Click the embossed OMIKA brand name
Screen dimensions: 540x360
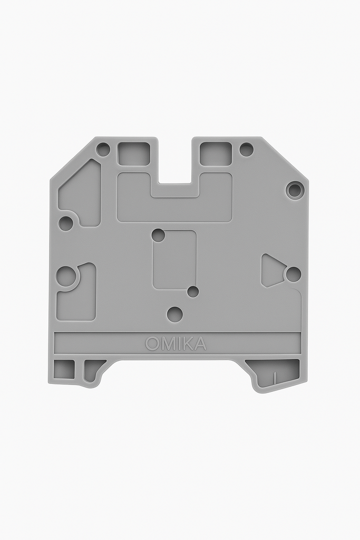[x=176, y=344]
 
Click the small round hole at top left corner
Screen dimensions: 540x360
[x=103, y=149]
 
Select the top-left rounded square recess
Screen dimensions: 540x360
[x=133, y=153]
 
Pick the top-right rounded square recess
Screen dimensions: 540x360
[x=216, y=153]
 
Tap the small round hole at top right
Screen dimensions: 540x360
[x=246, y=149]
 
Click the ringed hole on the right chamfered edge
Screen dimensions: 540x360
[x=295, y=190]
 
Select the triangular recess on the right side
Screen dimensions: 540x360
[x=271, y=270]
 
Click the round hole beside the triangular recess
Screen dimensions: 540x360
[x=293, y=274]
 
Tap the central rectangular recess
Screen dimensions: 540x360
[x=175, y=260]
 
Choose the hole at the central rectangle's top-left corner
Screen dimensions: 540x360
[x=158, y=235]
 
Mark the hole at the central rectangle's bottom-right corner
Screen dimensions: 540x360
[x=193, y=292]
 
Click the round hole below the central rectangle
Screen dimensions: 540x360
[x=174, y=314]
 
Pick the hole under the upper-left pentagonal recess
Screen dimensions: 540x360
[x=66, y=224]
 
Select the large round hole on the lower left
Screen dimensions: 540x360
[x=66, y=276]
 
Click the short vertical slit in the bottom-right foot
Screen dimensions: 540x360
[x=275, y=377]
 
